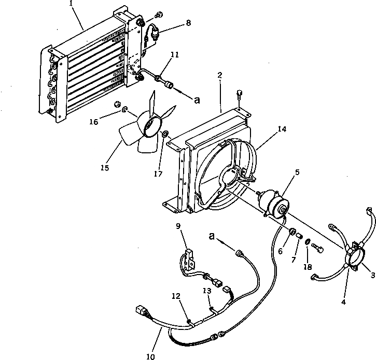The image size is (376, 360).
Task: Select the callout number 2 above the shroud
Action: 220,75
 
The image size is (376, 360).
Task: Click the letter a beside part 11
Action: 196,101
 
